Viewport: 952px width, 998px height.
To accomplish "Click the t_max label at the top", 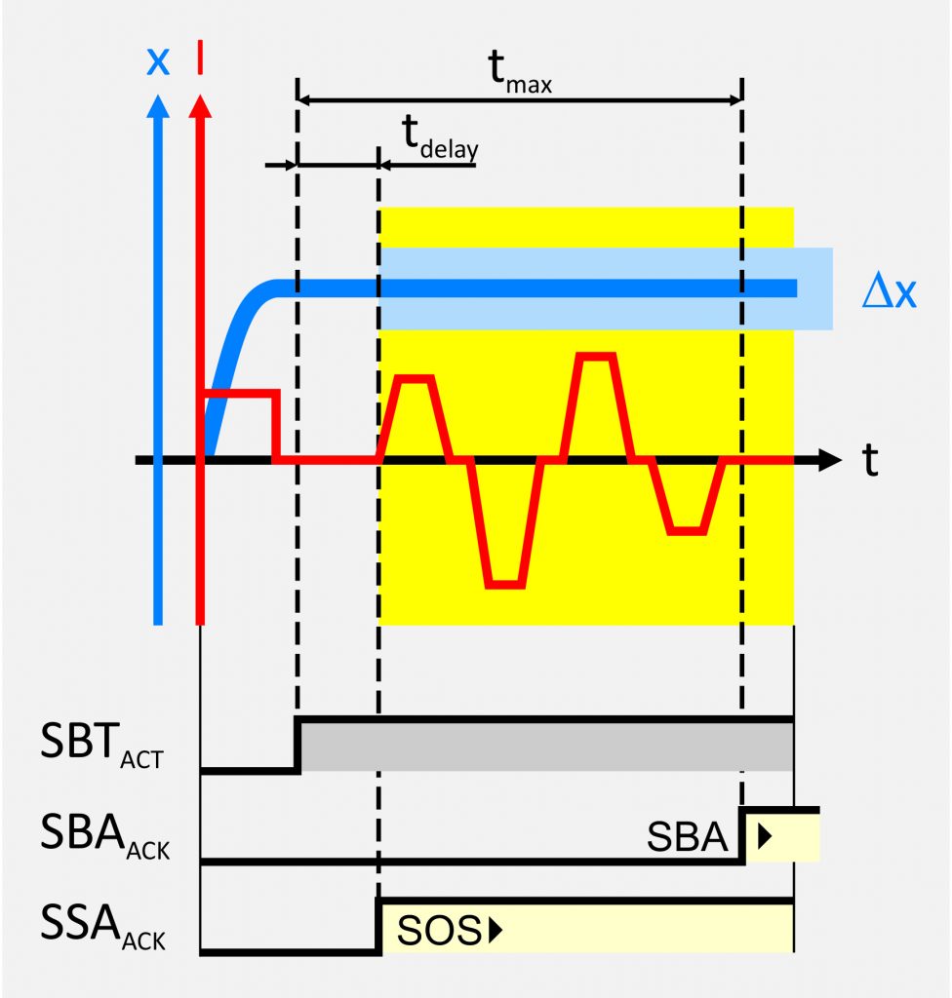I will [x=519, y=71].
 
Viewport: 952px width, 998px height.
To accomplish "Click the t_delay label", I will [x=441, y=139].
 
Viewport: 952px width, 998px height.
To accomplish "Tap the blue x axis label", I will [x=157, y=61].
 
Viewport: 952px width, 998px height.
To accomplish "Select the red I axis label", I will [x=200, y=59].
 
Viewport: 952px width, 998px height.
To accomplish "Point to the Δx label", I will [x=889, y=290].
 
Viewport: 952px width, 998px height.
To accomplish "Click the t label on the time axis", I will [x=869, y=460].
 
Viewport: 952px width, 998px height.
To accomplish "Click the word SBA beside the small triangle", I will [x=689, y=837].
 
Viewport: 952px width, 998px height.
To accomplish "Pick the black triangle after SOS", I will [x=494, y=932].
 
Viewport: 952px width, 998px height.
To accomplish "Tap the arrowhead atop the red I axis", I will [x=200, y=106].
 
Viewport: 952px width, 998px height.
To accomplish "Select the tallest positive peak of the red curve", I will [x=596, y=357].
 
